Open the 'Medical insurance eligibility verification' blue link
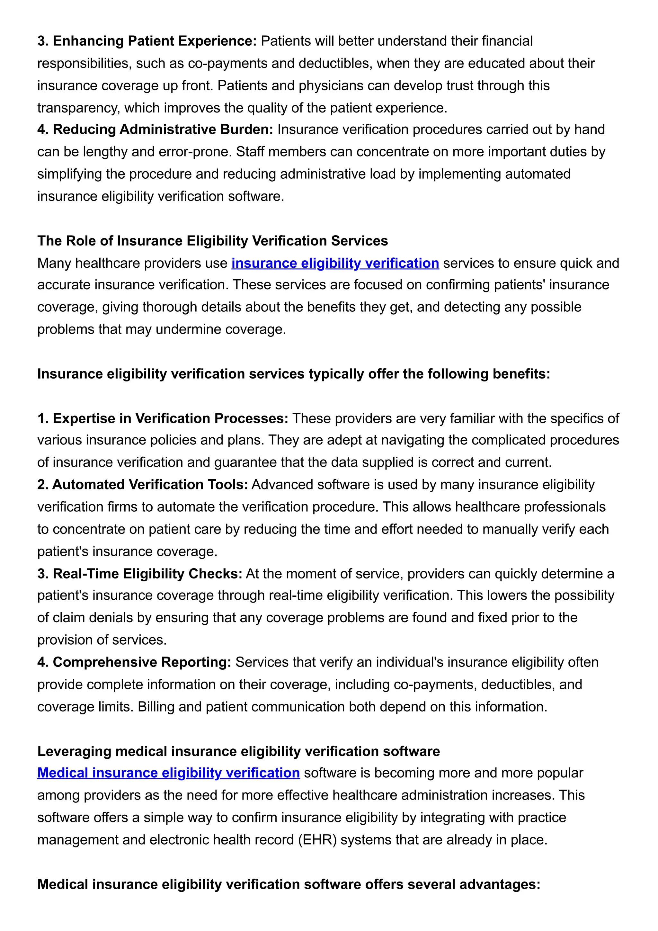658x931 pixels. (x=168, y=773)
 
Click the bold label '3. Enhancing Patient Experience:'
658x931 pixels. (x=147, y=41)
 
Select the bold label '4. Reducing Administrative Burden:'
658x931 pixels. (x=155, y=130)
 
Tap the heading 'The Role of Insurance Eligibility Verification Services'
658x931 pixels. (x=212, y=241)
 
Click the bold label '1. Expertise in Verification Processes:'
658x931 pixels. (x=163, y=418)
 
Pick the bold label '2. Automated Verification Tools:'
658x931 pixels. (x=142, y=485)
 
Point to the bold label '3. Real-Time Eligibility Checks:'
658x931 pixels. (x=139, y=574)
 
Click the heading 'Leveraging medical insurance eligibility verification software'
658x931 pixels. (x=238, y=751)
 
